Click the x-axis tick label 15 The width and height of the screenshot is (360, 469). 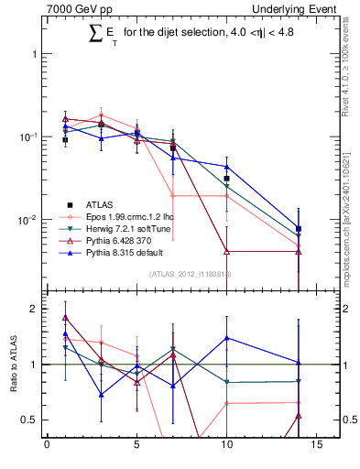click(316, 447)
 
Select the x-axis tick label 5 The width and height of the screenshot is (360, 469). click(136, 447)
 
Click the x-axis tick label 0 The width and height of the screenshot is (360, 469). click(47, 447)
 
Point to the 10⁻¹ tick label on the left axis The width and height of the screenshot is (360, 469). click(28, 136)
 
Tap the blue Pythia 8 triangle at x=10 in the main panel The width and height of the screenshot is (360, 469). click(226, 166)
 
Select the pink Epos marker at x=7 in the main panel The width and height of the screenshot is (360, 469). click(172, 195)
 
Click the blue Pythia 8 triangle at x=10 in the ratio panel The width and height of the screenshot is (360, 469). click(226, 338)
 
